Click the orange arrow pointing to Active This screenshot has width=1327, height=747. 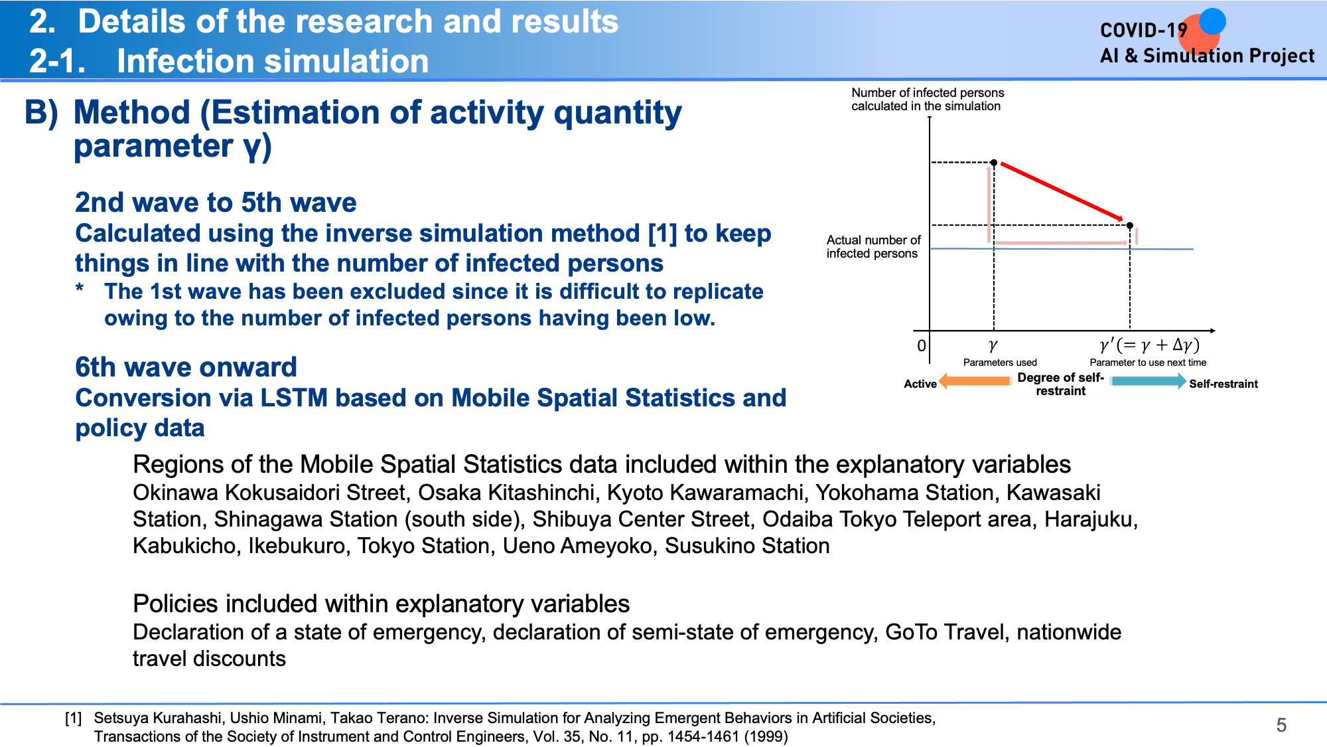[974, 381]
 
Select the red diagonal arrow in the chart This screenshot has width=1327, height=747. [1062, 191]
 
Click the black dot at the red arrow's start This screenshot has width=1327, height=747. [994, 163]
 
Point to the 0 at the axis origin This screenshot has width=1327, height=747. [921, 346]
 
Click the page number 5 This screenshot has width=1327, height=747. [1281, 725]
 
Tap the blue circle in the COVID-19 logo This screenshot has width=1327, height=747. [1212, 21]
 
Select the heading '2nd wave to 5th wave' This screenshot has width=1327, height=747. [216, 203]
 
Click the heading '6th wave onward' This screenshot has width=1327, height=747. [186, 367]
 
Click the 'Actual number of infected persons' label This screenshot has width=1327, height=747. [873, 246]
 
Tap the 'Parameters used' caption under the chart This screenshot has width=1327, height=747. [1000, 363]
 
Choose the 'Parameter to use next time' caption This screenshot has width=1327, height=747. [1148, 363]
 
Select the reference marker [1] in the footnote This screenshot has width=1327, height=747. [74, 718]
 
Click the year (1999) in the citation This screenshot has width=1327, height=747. [766, 736]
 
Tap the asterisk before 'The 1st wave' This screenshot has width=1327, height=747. [80, 290]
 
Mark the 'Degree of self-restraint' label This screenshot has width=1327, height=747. [1060, 384]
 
